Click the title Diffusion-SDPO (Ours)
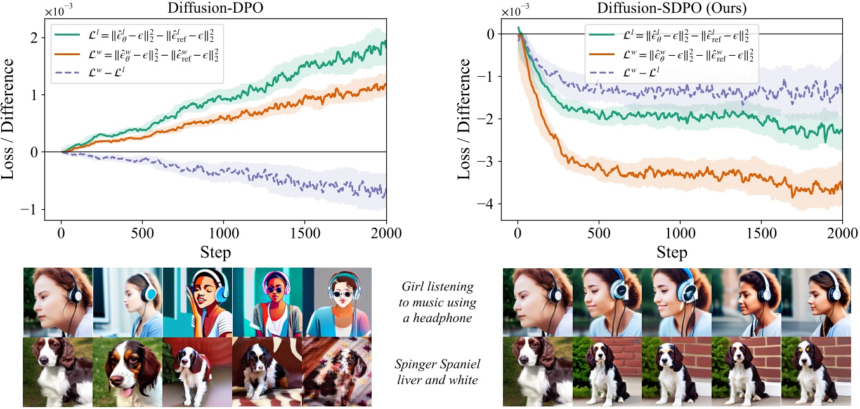(672, 8)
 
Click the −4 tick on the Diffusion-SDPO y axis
(487, 204)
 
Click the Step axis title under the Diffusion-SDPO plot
(672, 252)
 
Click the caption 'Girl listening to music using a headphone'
(438, 302)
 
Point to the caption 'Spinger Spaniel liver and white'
(438, 372)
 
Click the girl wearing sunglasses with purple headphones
(266, 301)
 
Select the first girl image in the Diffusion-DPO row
(58, 301)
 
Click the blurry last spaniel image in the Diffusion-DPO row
(336, 372)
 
